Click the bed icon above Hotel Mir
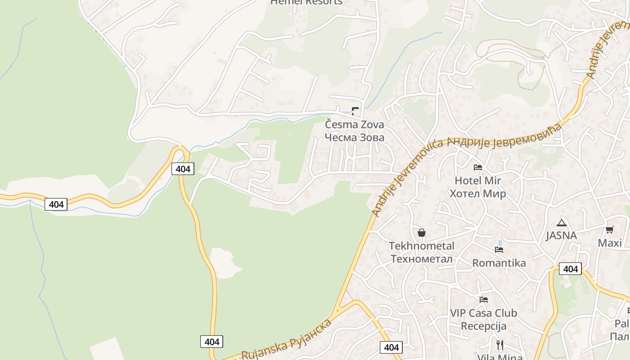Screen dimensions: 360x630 478,167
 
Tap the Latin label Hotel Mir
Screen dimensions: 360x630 478,180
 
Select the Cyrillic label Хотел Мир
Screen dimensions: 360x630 478,193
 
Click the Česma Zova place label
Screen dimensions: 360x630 355,124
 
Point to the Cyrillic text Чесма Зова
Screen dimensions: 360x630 355,137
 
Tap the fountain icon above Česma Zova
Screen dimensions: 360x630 355,110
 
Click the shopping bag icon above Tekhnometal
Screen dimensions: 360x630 422,233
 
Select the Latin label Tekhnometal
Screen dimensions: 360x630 422,246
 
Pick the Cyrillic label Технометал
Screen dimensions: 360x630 422,259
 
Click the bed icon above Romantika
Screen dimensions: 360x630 499,249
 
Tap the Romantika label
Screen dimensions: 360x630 499,263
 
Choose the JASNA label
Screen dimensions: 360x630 561,235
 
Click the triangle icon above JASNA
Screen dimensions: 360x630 561,222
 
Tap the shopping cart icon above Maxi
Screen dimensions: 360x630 610,230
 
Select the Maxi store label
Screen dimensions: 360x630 610,243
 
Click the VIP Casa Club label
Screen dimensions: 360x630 484,313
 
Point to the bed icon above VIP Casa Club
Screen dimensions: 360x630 484,299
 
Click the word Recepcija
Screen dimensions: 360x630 484,326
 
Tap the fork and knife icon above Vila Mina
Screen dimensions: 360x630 500,345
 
